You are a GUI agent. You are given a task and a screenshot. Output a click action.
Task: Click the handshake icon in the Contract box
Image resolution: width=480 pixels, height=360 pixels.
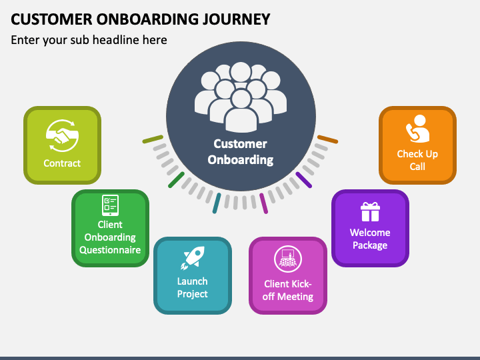[63, 135]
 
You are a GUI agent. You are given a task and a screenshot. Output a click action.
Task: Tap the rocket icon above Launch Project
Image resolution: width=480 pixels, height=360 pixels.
[192, 258]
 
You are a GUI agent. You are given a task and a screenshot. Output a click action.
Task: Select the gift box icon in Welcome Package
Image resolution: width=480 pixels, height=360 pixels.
[370, 211]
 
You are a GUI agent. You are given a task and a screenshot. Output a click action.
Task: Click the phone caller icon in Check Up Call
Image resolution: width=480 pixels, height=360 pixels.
[417, 129]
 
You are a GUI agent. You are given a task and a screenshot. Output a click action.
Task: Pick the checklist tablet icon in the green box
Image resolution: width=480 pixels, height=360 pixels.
[110, 205]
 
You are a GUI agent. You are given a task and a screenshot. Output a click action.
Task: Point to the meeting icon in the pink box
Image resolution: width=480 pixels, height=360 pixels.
[288, 259]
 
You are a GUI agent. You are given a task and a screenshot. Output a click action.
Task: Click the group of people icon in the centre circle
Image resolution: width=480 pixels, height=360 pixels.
[241, 97]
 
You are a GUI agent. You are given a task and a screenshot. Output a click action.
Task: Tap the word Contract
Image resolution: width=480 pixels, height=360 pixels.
[62, 163]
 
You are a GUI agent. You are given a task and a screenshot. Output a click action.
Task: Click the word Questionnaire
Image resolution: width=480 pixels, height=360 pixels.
[110, 250]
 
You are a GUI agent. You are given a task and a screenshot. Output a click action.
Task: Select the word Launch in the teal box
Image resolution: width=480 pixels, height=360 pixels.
[193, 281]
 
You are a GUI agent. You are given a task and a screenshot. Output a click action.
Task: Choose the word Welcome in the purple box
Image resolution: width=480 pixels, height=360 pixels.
[370, 233]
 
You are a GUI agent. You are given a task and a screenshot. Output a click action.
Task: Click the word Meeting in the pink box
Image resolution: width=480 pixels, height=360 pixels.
[296, 297]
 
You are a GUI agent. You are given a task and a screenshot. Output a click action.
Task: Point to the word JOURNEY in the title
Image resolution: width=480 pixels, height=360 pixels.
[236, 19]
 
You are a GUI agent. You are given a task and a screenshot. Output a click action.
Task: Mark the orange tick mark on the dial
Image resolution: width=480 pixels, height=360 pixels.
[327, 139]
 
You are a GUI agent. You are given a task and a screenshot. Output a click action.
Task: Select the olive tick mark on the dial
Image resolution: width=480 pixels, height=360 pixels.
[153, 139]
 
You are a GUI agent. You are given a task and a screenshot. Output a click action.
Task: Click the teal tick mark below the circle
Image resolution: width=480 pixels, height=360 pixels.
[217, 203]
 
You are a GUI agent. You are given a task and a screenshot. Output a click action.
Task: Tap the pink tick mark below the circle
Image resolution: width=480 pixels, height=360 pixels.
[263, 203]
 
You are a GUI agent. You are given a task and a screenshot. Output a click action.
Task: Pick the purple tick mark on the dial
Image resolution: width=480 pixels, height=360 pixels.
[304, 180]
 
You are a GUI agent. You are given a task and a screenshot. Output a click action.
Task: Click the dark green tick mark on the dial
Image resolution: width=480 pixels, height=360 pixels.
[176, 180]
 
